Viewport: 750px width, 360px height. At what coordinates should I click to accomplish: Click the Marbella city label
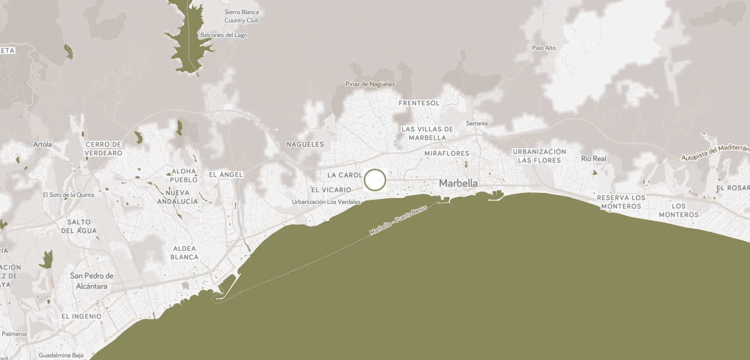point(458,183)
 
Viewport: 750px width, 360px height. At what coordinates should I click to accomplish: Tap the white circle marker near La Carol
point(375,180)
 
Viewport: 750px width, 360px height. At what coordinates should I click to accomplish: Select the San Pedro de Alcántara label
point(92,280)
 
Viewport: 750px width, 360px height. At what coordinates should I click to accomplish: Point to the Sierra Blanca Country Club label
point(242,16)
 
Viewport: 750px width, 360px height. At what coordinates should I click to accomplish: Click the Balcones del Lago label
point(224,35)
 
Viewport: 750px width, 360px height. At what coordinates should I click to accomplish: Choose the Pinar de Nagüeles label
point(370,84)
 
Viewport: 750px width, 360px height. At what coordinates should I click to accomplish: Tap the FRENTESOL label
point(419,103)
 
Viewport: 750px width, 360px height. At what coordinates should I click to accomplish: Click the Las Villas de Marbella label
point(427,133)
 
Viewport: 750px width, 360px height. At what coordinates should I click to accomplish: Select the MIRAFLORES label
point(447,153)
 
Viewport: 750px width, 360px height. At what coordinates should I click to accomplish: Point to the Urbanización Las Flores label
point(539,156)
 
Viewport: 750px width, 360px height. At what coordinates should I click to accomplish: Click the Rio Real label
point(593,159)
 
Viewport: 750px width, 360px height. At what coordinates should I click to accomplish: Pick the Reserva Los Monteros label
point(621,201)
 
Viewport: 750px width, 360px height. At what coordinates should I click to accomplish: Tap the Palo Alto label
point(543,48)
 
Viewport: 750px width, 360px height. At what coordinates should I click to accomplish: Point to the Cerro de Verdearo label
point(104,148)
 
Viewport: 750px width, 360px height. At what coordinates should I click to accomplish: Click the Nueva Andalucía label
point(177,197)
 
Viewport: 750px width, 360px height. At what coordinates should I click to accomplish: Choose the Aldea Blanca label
point(184,252)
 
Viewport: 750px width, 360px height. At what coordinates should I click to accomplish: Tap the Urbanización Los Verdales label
point(326,201)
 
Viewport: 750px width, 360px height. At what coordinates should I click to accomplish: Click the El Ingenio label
point(81,316)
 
